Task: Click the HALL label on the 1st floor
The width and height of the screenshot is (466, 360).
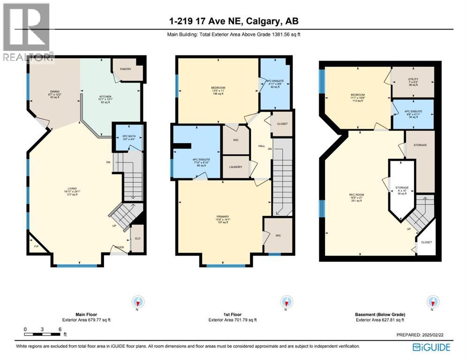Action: pos(262,146)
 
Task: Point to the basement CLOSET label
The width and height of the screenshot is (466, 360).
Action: pos(426,242)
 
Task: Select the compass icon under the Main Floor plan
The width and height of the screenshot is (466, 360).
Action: pos(138,302)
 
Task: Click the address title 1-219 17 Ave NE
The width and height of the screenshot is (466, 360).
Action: pos(233,21)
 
